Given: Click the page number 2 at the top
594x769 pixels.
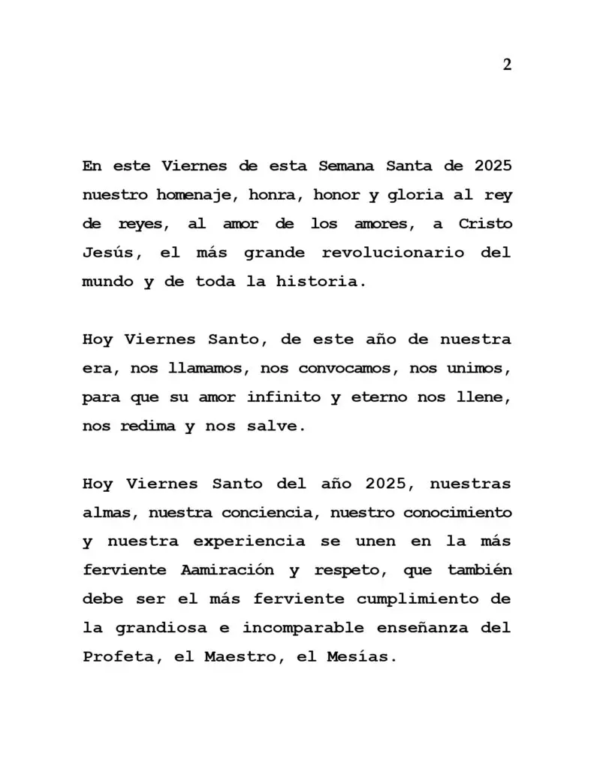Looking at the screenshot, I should [x=507, y=65].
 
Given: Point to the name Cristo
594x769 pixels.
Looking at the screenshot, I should [x=480, y=224].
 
